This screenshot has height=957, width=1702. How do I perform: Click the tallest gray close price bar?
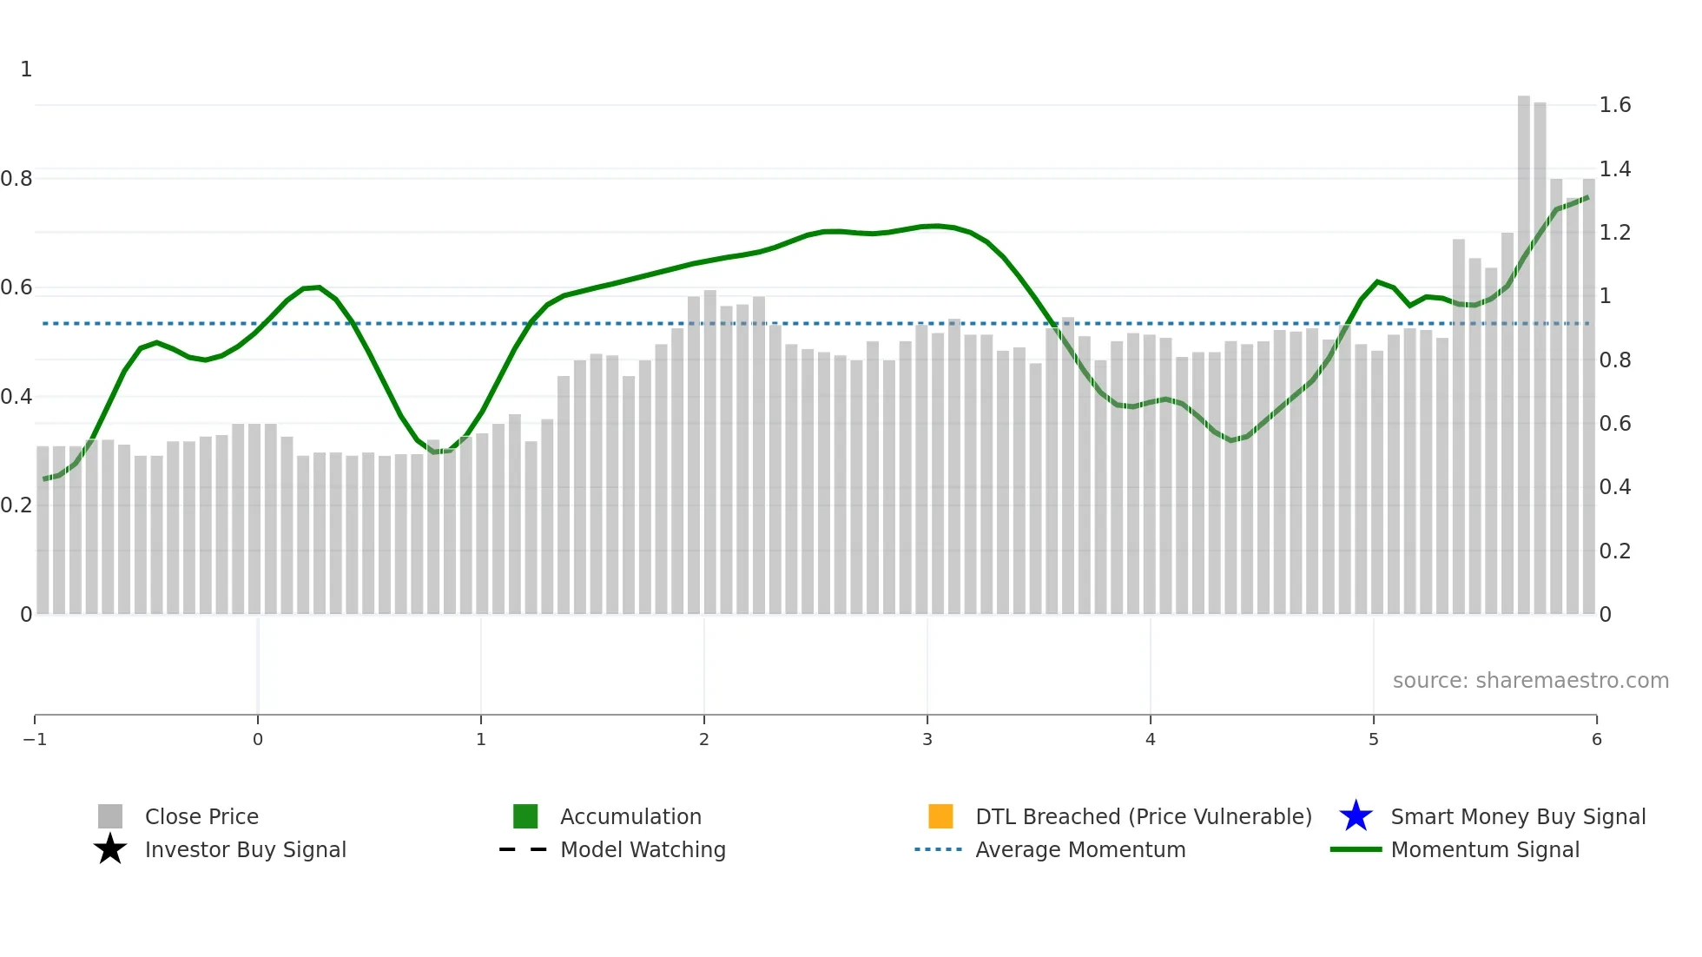tap(1523, 347)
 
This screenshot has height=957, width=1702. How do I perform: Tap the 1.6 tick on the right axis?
tap(1614, 105)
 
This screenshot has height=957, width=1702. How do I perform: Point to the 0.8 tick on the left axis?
tap(16, 179)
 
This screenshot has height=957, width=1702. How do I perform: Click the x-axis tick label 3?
tap(927, 739)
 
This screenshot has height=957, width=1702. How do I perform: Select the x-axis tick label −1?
tap(35, 739)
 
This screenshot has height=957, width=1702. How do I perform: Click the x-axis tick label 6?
tap(1596, 739)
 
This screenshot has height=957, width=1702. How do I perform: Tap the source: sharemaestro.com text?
tap(1530, 680)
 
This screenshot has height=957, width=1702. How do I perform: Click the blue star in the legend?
tap(1356, 816)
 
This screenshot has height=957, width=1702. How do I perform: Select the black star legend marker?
tap(110, 849)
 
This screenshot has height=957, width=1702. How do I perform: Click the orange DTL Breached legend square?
tap(940, 816)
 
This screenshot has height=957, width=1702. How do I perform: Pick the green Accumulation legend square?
tap(525, 816)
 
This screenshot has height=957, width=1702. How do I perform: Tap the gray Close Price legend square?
tap(110, 816)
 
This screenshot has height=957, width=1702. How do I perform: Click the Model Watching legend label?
tap(643, 849)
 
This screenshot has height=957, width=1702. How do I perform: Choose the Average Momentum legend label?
tap(1080, 849)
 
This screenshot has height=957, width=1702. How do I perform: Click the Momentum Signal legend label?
tap(1485, 849)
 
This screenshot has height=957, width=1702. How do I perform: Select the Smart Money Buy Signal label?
tap(1518, 816)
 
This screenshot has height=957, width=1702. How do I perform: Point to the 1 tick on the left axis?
tap(26, 69)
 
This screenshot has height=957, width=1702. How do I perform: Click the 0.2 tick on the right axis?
tap(1614, 551)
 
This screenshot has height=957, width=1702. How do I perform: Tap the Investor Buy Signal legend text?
tap(246, 849)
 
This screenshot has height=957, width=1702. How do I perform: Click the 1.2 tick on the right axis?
tap(1614, 232)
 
